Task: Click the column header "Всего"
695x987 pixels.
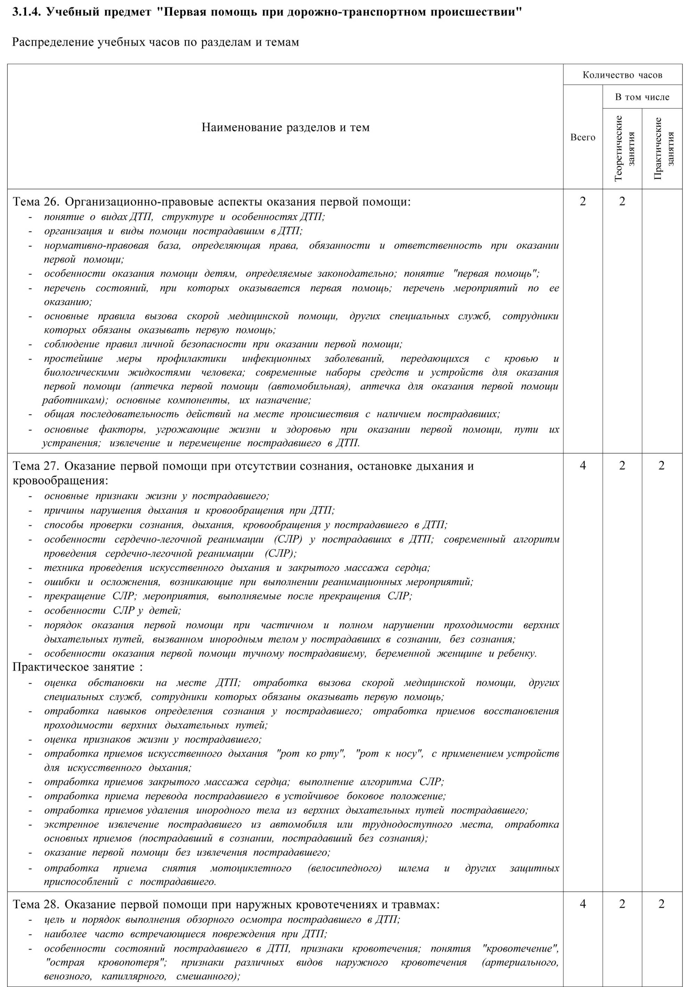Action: click(582, 137)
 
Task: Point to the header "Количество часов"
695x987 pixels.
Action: click(622, 75)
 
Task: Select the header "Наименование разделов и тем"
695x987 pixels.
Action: click(285, 127)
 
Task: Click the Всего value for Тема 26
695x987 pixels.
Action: click(582, 201)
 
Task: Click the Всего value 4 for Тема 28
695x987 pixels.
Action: click(582, 904)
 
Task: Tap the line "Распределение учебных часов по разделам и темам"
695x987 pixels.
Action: click(155, 42)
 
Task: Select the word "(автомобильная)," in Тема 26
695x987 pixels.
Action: click(309, 386)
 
